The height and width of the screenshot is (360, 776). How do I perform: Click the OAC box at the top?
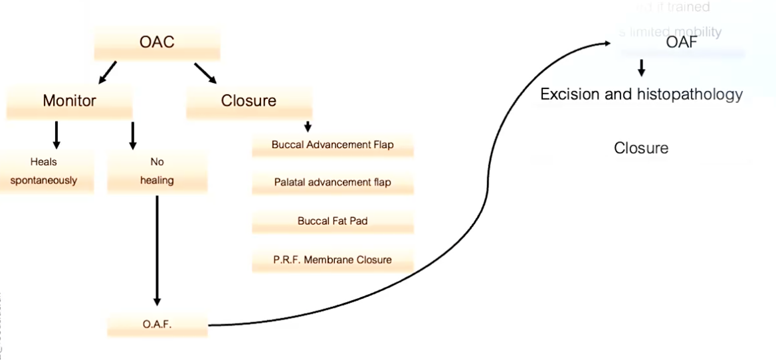coord(157,43)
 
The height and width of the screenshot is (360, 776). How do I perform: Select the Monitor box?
coord(69,101)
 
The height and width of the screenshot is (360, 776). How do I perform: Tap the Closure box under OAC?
coord(248,101)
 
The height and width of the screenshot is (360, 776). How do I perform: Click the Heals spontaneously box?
coord(44,171)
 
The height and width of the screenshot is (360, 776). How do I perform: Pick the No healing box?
coord(157,171)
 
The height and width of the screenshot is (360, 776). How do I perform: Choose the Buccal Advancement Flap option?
coord(332,145)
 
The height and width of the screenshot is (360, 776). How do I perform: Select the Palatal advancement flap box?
coord(332,182)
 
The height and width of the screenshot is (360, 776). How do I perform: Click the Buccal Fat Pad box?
coord(332,221)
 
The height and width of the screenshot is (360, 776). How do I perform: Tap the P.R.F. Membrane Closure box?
coord(332,259)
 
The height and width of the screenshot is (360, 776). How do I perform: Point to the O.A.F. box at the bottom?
coord(157,325)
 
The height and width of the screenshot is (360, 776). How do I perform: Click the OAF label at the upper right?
coord(682,43)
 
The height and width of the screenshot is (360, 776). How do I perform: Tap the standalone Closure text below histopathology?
coord(641,147)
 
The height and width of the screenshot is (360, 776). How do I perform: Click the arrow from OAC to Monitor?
coord(108,72)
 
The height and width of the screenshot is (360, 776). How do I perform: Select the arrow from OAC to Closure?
coord(205,73)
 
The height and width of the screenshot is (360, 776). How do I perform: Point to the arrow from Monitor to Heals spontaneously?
coord(56,135)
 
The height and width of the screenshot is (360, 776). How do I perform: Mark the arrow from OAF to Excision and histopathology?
coord(641,68)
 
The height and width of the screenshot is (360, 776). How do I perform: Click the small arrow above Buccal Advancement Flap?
coord(307,127)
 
